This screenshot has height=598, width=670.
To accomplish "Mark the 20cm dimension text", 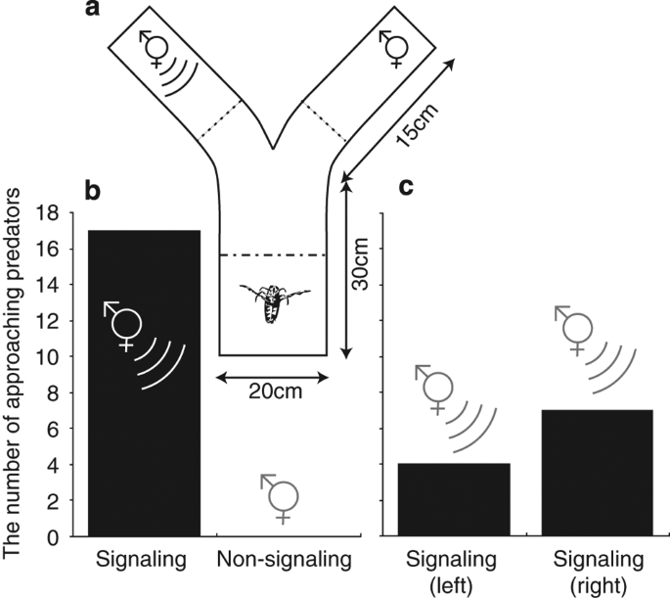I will click(271, 391).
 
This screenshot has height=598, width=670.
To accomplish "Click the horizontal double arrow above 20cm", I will click(271, 374).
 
